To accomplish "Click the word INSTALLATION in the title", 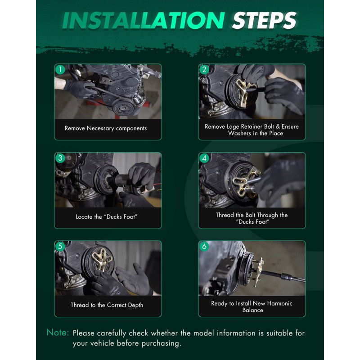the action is pyautogui.click(x=144, y=20).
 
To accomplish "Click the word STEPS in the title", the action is pyautogui.click(x=264, y=20).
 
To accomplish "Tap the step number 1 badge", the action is pyautogui.click(x=60, y=69).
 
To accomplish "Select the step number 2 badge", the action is pyautogui.click(x=204, y=69).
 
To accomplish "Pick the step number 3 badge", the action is pyautogui.click(x=60, y=158).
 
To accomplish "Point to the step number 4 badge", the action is pyautogui.click(x=204, y=158).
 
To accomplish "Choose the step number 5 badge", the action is pyautogui.click(x=60, y=246).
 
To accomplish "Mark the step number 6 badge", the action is pyautogui.click(x=204, y=246).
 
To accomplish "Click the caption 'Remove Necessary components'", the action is pyautogui.click(x=106, y=128).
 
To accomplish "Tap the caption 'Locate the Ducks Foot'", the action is pyautogui.click(x=107, y=217).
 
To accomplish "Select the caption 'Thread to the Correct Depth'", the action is pyautogui.click(x=107, y=305).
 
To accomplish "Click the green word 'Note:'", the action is pyautogui.click(x=58, y=333).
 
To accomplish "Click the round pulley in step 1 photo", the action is pyautogui.click(x=123, y=107).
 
